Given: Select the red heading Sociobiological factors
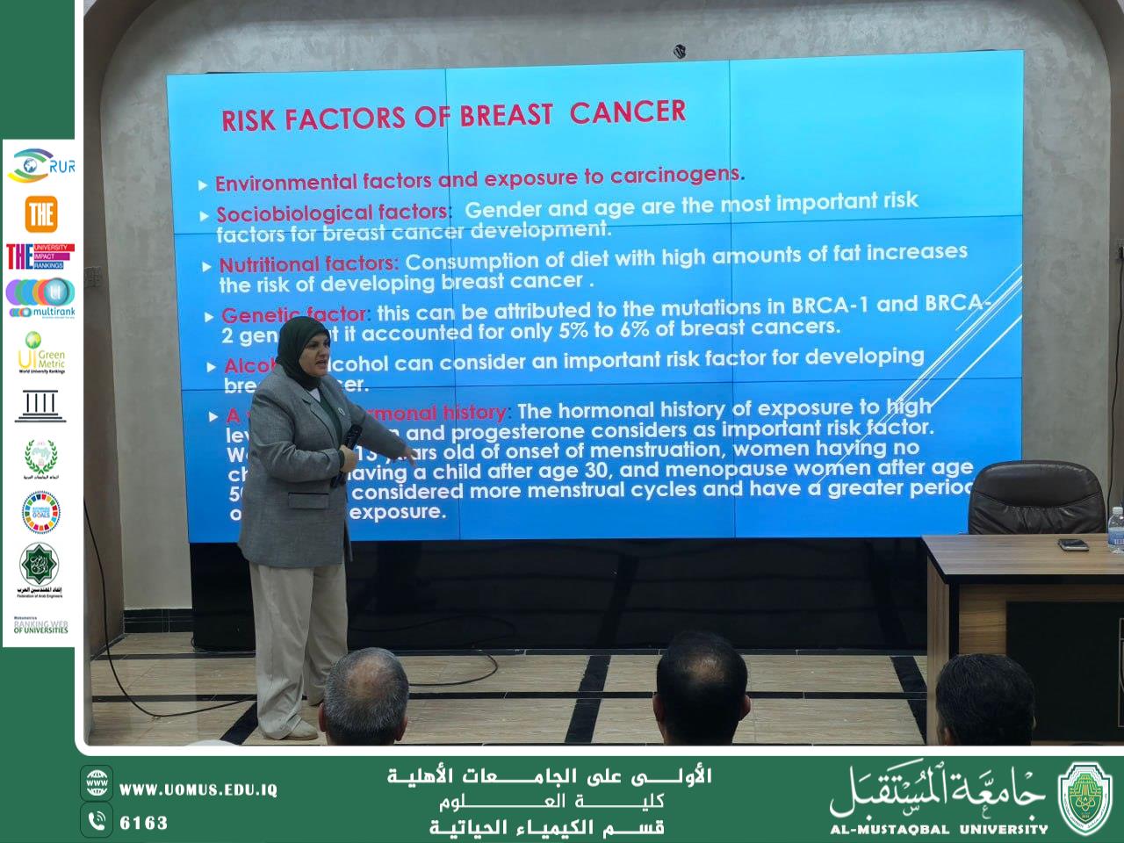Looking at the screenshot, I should coord(333,213).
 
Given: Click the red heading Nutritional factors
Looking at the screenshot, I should coord(308,263).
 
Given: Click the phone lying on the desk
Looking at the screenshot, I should coord(1073,544).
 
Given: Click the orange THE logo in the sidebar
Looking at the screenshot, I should coord(40,213).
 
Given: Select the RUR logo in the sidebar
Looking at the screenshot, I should coord(40,165).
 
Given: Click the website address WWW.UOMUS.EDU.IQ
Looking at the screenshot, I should coord(198,789).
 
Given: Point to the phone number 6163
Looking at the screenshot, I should coord(143,823).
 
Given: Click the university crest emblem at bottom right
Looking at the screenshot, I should coord(1086,798).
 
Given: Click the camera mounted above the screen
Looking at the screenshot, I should coord(680,52).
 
